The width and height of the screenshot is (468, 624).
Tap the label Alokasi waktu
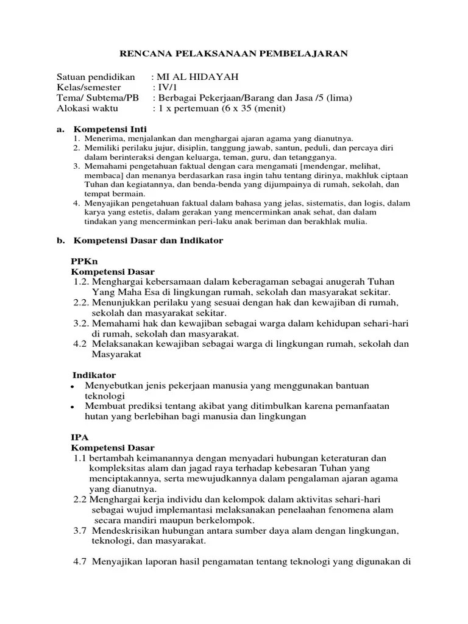[88, 108]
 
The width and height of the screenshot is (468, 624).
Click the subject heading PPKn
[85, 261]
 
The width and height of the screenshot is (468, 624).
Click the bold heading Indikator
[94, 375]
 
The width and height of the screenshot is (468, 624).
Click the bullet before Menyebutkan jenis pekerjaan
[73, 387]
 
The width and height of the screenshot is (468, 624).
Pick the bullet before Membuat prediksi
[73, 407]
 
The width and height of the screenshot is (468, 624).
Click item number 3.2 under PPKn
[82, 323]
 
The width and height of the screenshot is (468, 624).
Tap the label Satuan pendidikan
[95, 77]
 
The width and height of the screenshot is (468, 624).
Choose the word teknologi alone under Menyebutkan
[105, 395]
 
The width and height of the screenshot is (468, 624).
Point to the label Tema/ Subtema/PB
[97, 98]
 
